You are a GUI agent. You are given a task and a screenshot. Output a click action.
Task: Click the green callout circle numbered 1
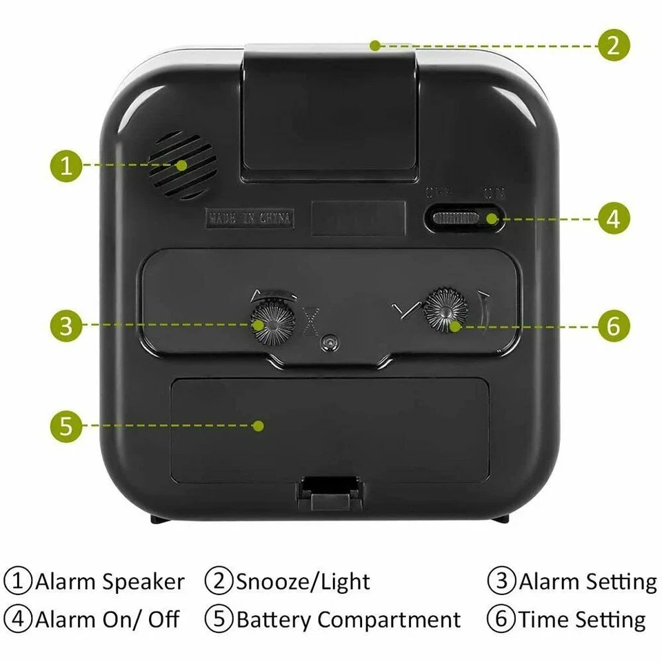(66, 165)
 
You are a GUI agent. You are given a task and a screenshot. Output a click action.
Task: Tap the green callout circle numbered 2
(613, 46)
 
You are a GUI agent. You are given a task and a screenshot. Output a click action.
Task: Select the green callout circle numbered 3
(66, 325)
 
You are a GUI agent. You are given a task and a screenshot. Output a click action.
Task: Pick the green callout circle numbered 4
(613, 219)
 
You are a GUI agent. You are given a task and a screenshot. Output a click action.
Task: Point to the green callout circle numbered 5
(66, 425)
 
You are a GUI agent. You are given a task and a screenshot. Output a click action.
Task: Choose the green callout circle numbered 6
(613, 325)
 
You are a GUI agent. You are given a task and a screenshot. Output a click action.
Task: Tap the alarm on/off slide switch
(465, 219)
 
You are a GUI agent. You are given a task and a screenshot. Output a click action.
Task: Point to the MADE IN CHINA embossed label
(250, 219)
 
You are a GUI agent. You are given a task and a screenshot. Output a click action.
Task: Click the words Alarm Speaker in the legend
(110, 581)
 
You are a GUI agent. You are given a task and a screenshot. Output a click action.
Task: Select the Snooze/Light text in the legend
(303, 581)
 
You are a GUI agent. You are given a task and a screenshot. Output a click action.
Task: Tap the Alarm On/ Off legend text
(107, 619)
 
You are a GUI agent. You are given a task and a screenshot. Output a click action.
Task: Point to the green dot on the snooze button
(374, 46)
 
